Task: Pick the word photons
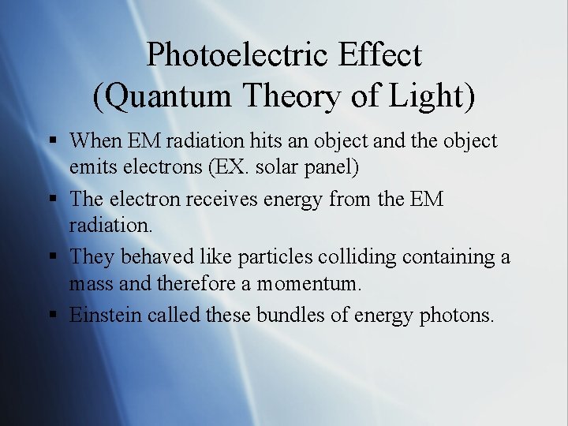click(457, 316)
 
